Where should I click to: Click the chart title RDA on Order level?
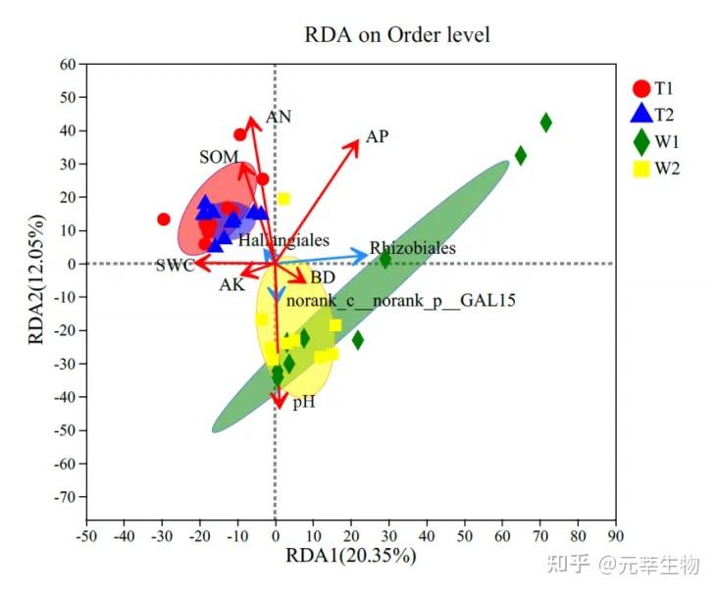pyautogui.click(x=397, y=35)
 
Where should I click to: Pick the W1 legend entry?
pyautogui.click(x=660, y=141)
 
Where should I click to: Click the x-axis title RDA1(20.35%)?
pyautogui.click(x=350, y=556)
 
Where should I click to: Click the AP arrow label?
pyautogui.click(x=378, y=136)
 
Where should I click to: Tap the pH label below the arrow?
pyautogui.click(x=303, y=401)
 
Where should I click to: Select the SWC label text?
pyautogui.click(x=174, y=266)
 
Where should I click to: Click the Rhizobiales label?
pyautogui.click(x=412, y=249)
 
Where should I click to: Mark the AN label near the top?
pyautogui.click(x=279, y=117)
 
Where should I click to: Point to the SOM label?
pyautogui.click(x=219, y=157)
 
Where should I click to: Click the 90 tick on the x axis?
pyautogui.click(x=615, y=536)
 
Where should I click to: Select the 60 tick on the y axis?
pyautogui.click(x=68, y=65)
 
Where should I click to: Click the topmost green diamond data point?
pyautogui.click(x=545, y=123)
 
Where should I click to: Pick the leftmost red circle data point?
pyautogui.click(x=164, y=220)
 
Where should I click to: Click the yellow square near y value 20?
pyautogui.click(x=283, y=199)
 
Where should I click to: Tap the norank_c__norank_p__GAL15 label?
pyautogui.click(x=400, y=299)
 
